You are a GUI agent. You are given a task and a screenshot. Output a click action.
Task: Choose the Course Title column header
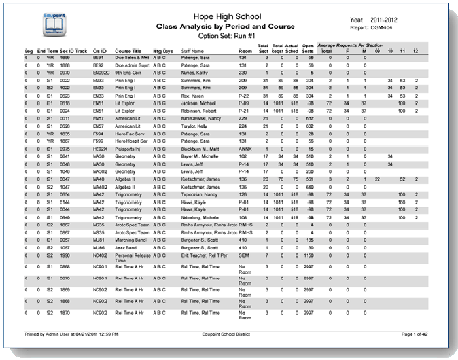(x=128, y=50)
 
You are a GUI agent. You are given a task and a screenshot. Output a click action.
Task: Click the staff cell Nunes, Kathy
(x=193, y=73)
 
